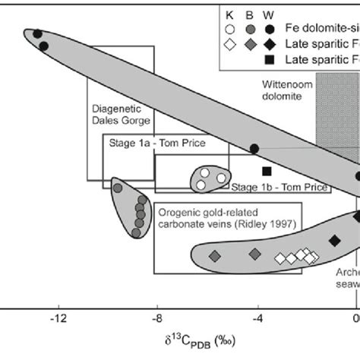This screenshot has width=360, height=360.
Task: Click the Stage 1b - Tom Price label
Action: [x=279, y=187]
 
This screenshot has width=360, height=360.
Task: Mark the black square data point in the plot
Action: [x=266, y=171]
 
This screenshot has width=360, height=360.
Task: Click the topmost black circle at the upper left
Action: [x=36, y=33]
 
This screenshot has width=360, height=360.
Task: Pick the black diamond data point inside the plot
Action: [x=334, y=241]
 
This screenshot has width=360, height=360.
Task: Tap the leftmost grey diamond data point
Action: [x=214, y=254]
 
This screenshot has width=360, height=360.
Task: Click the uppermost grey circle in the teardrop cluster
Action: [x=117, y=188]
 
